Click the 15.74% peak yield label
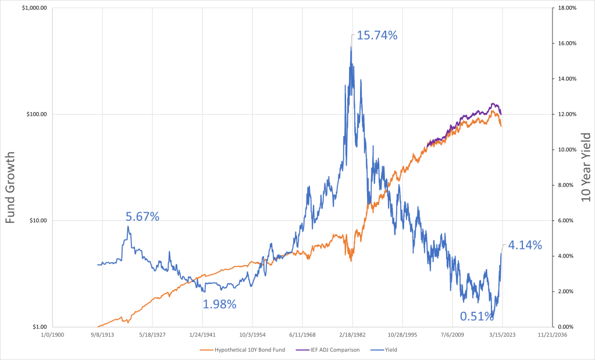pyautogui.click(x=377, y=35)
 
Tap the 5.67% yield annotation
pyautogui.click(x=142, y=217)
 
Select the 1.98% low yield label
pyautogui.click(x=219, y=304)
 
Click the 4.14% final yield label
pyautogui.click(x=525, y=245)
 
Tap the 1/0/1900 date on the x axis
pyautogui.click(x=53, y=335)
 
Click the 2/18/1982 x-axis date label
pyautogui.click(x=352, y=335)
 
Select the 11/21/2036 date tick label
pyautogui.click(x=552, y=335)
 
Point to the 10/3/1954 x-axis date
pyautogui.click(x=252, y=335)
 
